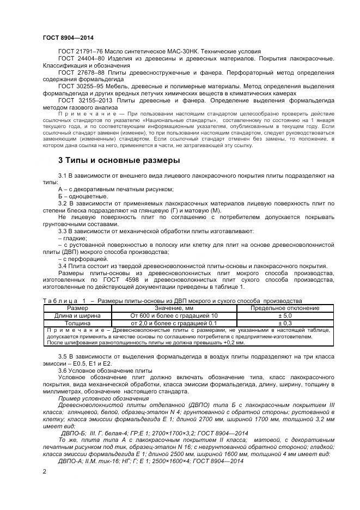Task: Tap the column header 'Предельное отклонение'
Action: point(286,308)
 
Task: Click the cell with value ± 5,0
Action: point(286,315)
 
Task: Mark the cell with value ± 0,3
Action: point(286,323)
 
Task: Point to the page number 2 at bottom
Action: point(45,469)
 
